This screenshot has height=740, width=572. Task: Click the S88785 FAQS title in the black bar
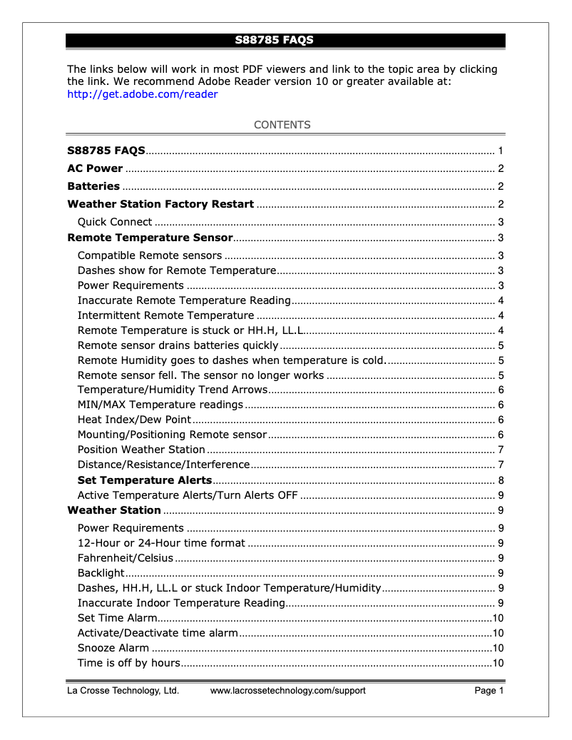pyautogui.click(x=275, y=40)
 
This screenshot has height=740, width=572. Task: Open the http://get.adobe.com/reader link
pyautogui.click(x=142, y=94)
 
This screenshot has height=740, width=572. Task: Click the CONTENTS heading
pyautogui.click(x=282, y=125)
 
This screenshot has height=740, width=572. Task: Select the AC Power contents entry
pyautogui.click(x=95, y=169)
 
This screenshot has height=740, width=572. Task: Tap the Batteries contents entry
pyautogui.click(x=93, y=186)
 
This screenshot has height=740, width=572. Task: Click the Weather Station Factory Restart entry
pyautogui.click(x=160, y=204)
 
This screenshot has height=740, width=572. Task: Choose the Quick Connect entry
pyautogui.click(x=115, y=222)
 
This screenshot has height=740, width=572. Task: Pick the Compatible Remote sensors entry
pyautogui.click(x=150, y=255)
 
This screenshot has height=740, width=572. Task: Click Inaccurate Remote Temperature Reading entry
pyautogui.click(x=184, y=300)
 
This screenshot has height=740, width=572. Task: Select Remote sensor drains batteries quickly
pyautogui.click(x=178, y=345)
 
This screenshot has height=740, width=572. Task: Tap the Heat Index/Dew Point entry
pyautogui.click(x=134, y=420)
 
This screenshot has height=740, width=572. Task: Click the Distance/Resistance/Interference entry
pyautogui.click(x=163, y=465)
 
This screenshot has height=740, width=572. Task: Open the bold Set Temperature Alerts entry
pyautogui.click(x=145, y=480)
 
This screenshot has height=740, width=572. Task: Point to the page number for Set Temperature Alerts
pyautogui.click(x=501, y=480)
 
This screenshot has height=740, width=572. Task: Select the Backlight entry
pyautogui.click(x=101, y=573)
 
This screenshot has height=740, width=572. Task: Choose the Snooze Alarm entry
pyautogui.click(x=113, y=648)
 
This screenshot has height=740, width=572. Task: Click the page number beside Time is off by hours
pyautogui.click(x=499, y=664)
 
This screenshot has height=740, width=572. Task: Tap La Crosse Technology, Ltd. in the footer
pyautogui.click(x=123, y=691)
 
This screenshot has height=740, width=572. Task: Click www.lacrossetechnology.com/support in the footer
pyautogui.click(x=287, y=691)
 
